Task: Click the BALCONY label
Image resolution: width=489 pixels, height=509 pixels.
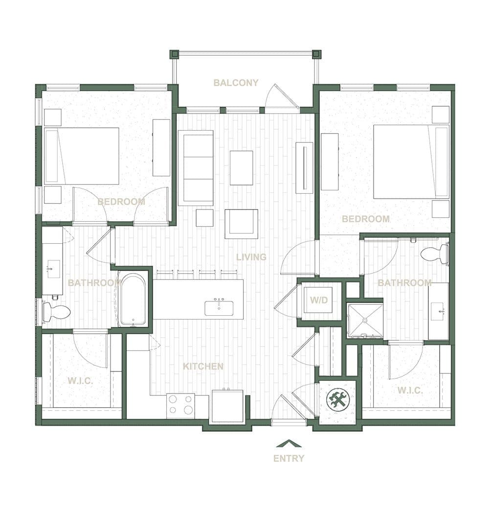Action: pyautogui.click(x=236, y=83)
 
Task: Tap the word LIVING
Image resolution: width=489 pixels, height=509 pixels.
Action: pyautogui.click(x=251, y=257)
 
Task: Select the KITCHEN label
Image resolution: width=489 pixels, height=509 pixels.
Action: pyautogui.click(x=203, y=366)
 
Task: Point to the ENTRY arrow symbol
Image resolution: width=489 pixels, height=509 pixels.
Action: pyautogui.click(x=289, y=443)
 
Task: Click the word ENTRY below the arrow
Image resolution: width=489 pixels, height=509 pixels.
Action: pyautogui.click(x=289, y=459)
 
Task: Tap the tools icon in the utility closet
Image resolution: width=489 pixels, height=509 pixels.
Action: pyautogui.click(x=338, y=400)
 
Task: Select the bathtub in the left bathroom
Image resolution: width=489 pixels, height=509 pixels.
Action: pyautogui.click(x=133, y=300)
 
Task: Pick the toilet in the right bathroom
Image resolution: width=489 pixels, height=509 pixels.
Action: pyautogui.click(x=435, y=254)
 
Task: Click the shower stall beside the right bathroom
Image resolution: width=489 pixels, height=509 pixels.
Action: pyautogui.click(x=365, y=321)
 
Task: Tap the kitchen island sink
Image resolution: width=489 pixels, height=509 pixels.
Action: pyautogui.click(x=219, y=308)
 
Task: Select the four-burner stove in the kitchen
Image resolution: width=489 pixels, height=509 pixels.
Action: pyautogui.click(x=180, y=405)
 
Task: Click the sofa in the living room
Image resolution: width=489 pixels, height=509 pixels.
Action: pyautogui.click(x=196, y=167)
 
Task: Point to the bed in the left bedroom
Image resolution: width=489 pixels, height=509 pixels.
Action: pyautogui.click(x=82, y=156)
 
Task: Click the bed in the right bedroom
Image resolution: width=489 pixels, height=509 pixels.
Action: pyautogui.click(x=411, y=162)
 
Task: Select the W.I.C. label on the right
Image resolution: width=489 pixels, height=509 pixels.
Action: pyautogui.click(x=410, y=390)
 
